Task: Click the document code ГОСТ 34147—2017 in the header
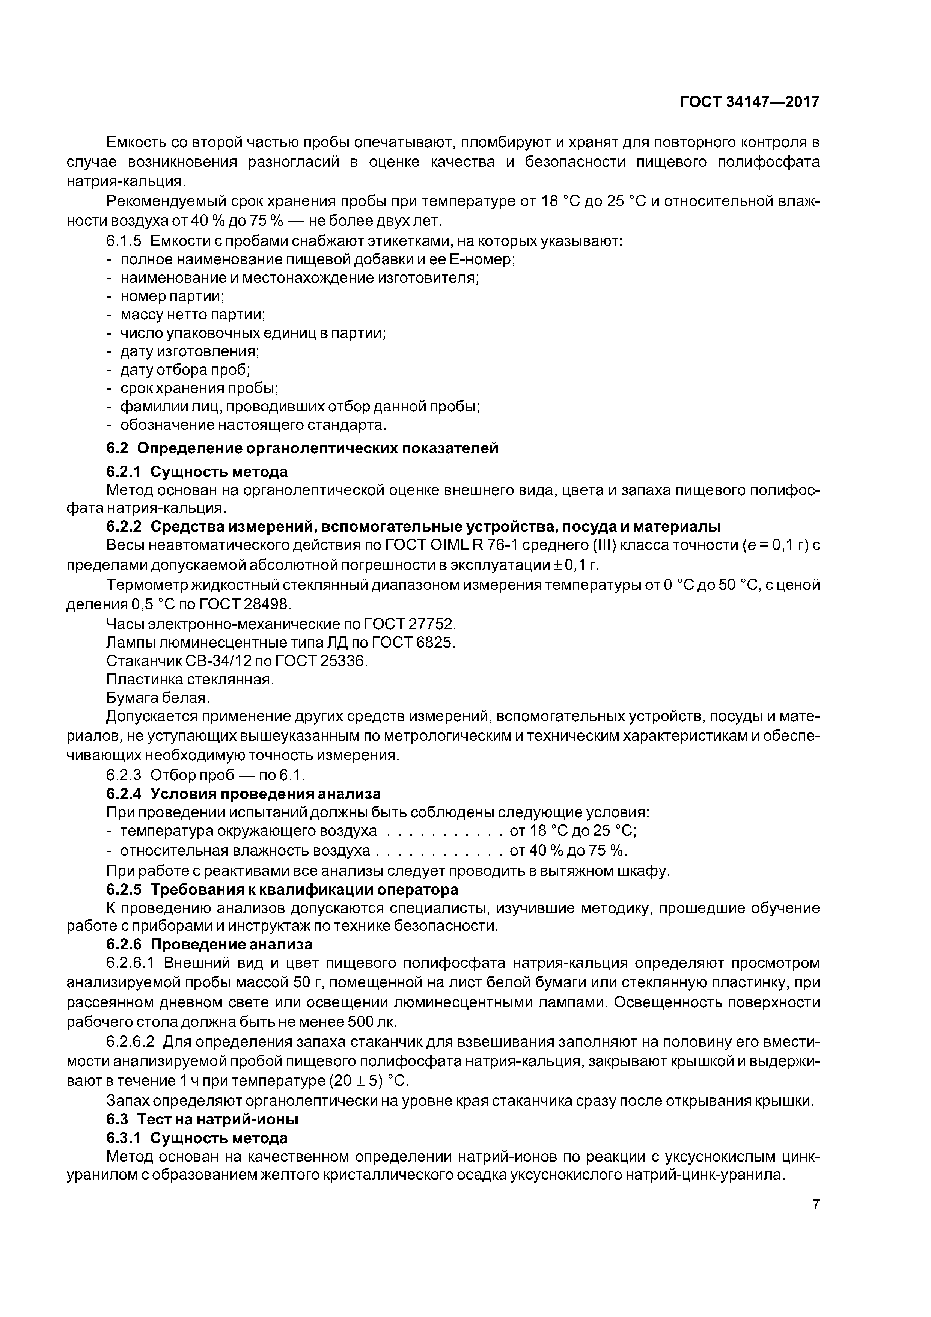click(x=749, y=102)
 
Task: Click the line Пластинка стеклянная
click(x=190, y=680)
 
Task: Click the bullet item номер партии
click(x=172, y=297)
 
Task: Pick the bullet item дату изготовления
click(x=189, y=352)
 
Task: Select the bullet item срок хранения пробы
click(x=199, y=388)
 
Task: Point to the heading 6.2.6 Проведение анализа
click(x=209, y=944)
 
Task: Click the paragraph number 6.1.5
click(x=124, y=241)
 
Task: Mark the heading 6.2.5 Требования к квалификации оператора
click(x=282, y=889)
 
